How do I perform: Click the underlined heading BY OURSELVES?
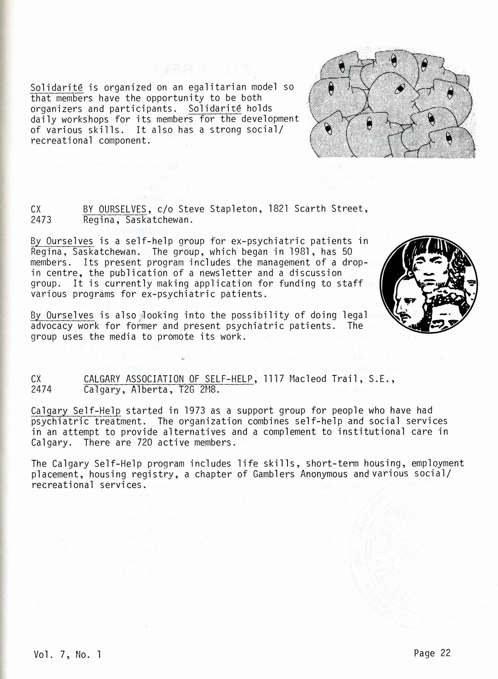(x=115, y=209)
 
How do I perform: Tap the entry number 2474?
(x=41, y=389)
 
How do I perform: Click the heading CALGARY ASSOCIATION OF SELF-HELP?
(x=168, y=379)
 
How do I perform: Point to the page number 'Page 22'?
(x=432, y=653)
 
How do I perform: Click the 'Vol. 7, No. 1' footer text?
(x=67, y=655)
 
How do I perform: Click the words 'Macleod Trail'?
(x=314, y=379)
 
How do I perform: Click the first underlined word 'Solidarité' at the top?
(x=57, y=87)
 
